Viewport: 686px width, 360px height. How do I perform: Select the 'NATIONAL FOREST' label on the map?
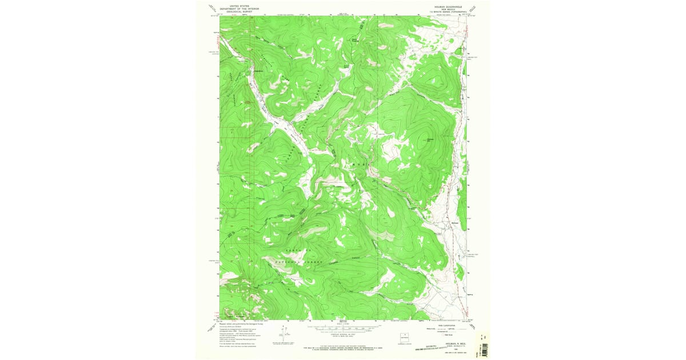[300, 262]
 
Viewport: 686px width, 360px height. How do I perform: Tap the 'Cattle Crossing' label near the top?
[355, 39]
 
